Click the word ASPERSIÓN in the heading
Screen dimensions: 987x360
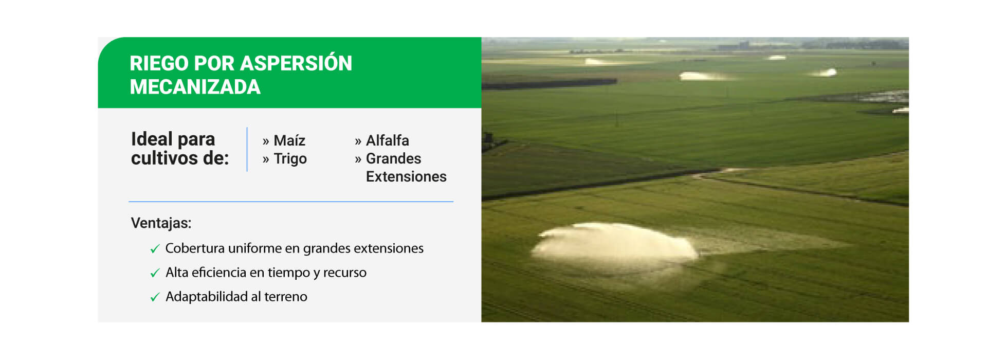pyautogui.click(x=296, y=63)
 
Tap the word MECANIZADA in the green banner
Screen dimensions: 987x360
pyautogui.click(x=195, y=87)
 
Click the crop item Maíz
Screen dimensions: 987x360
pyautogui.click(x=289, y=140)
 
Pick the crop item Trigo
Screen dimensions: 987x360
pyautogui.click(x=290, y=159)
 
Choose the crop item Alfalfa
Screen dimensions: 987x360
pyautogui.click(x=388, y=140)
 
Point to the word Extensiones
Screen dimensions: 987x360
pyautogui.click(x=406, y=176)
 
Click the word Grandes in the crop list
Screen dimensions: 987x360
pyautogui.click(x=393, y=158)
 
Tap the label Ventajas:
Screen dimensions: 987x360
pyautogui.click(x=161, y=223)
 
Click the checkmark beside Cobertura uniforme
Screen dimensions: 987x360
pyautogui.click(x=155, y=249)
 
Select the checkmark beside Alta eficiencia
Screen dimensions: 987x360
pyautogui.click(x=155, y=273)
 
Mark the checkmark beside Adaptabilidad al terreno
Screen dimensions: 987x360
pyautogui.click(x=155, y=297)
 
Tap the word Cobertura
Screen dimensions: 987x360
pyautogui.click(x=195, y=248)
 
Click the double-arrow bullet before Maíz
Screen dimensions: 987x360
pyautogui.click(x=266, y=141)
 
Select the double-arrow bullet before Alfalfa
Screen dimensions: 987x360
pyautogui.click(x=358, y=141)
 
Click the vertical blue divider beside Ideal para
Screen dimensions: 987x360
pyautogui.click(x=247, y=149)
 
